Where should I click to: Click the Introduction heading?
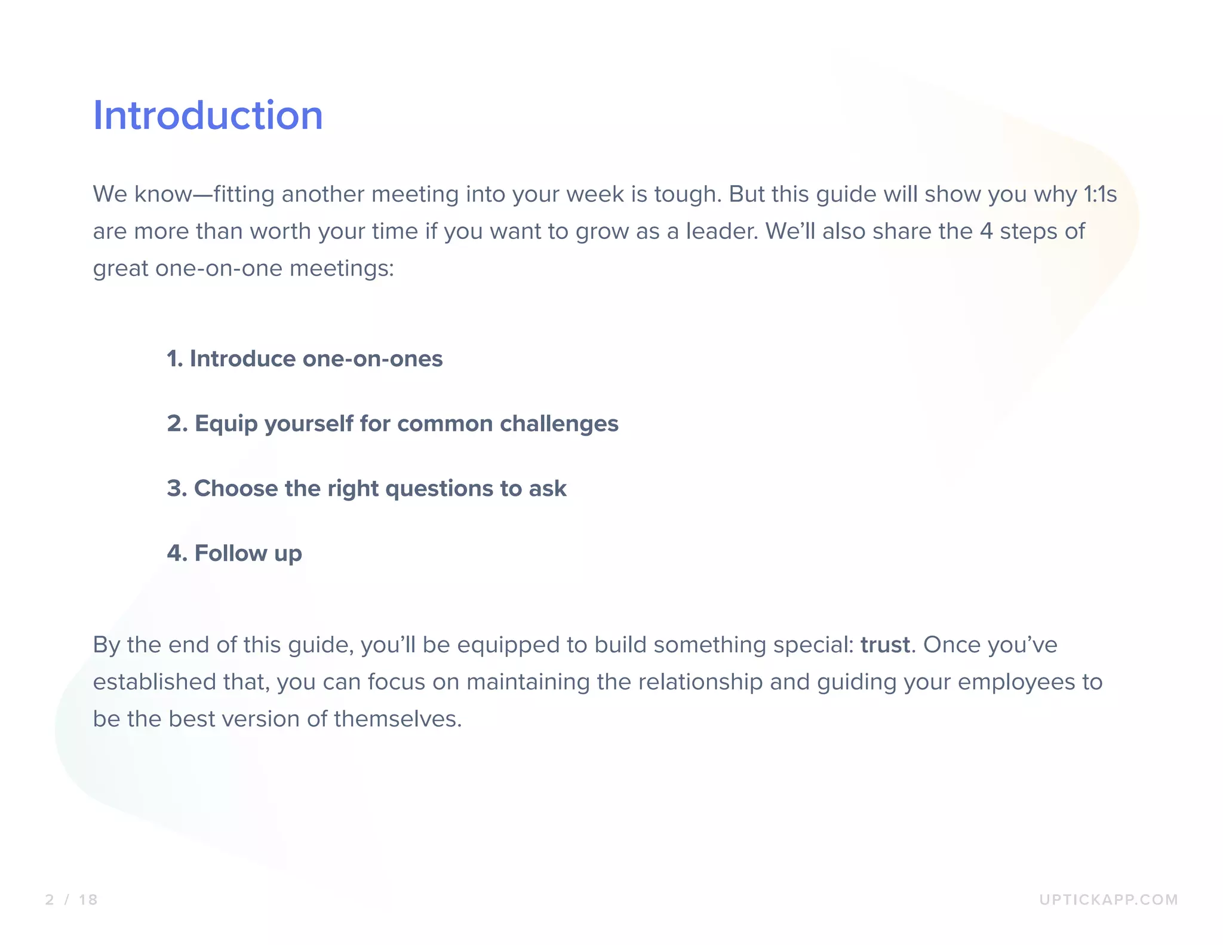click(208, 115)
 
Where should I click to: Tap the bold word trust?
click(885, 645)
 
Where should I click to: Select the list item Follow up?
click(235, 553)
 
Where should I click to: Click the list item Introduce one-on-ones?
click(305, 359)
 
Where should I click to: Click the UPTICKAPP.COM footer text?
click(1108, 900)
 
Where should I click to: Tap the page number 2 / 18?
click(71, 900)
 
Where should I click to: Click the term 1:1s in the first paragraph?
click(1099, 195)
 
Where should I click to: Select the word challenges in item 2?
click(559, 424)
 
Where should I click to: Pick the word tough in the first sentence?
click(687, 195)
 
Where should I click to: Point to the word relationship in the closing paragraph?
click(700, 682)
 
